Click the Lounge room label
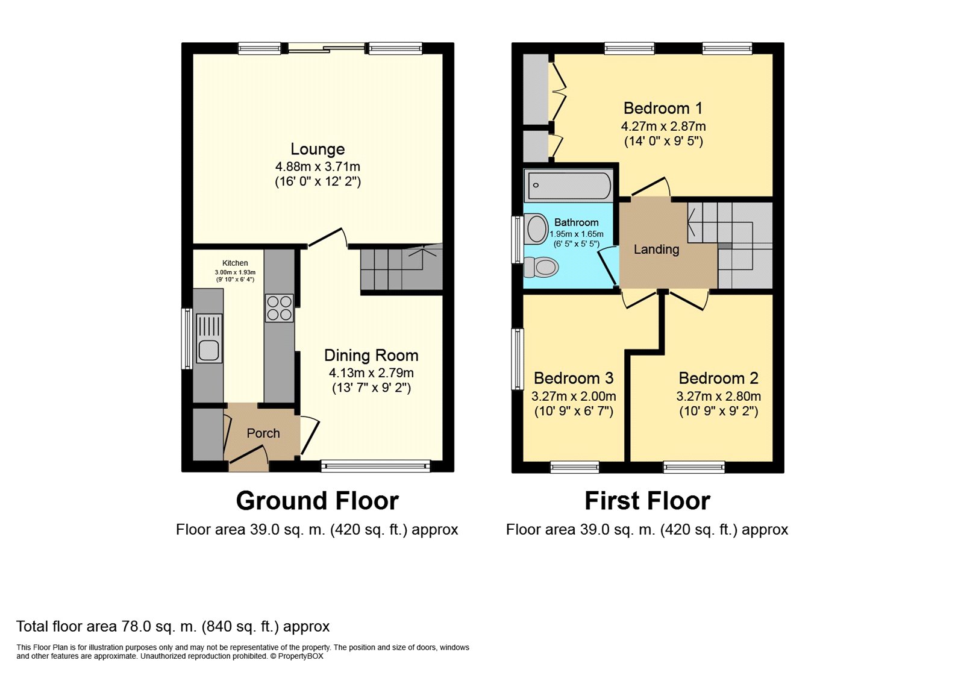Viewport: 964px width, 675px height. pyautogui.click(x=318, y=149)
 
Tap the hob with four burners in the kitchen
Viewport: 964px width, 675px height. pyautogui.click(x=279, y=307)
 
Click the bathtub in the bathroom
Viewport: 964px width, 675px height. pyautogui.click(x=568, y=185)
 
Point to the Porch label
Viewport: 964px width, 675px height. pyautogui.click(x=263, y=433)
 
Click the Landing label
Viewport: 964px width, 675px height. pyautogui.click(x=656, y=250)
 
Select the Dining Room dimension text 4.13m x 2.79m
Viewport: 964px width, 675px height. pyautogui.click(x=371, y=373)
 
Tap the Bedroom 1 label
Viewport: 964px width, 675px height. pyautogui.click(x=663, y=108)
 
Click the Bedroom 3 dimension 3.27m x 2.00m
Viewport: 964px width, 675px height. pyautogui.click(x=574, y=397)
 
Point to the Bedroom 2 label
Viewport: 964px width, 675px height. pyautogui.click(x=718, y=378)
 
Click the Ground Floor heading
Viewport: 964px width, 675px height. pyautogui.click(x=317, y=501)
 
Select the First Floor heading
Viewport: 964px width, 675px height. pyautogui.click(x=647, y=501)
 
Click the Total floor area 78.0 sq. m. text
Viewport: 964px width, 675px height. pyautogui.click(x=173, y=626)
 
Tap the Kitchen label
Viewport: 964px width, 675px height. pyautogui.click(x=235, y=263)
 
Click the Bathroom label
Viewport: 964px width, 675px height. pyautogui.click(x=576, y=222)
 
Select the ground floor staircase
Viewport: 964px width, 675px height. pyautogui.click(x=401, y=269)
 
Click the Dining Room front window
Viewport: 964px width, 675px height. pyautogui.click(x=375, y=465)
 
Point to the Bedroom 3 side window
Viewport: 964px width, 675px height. pyautogui.click(x=517, y=359)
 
